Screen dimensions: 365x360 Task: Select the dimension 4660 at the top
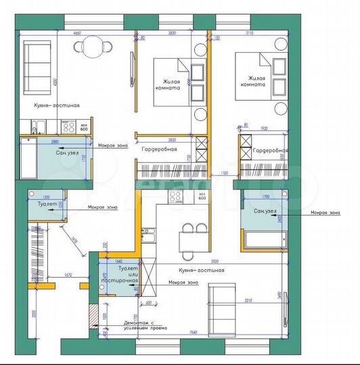click(77, 32)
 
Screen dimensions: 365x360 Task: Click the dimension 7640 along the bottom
click(193, 332)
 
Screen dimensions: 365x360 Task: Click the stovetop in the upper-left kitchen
click(68, 126)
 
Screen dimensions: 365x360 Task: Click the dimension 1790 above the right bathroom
click(265, 197)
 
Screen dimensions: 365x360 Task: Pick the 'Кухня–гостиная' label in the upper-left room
click(58, 105)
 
